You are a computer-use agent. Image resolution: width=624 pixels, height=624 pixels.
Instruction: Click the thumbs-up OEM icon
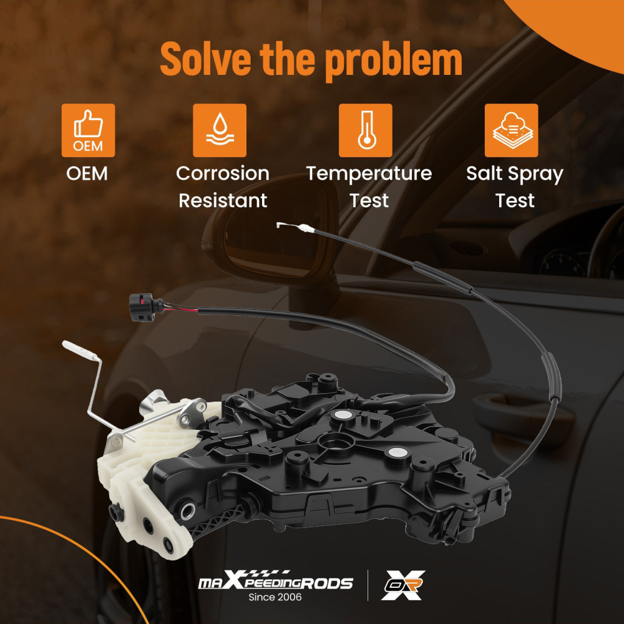(x=88, y=130)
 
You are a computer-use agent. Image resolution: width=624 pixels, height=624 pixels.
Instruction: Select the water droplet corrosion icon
(x=220, y=130)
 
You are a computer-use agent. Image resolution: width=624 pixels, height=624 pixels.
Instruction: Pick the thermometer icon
(x=365, y=130)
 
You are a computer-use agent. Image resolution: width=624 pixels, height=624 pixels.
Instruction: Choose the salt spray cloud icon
(x=512, y=130)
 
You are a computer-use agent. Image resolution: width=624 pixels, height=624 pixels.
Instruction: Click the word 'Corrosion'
(x=223, y=173)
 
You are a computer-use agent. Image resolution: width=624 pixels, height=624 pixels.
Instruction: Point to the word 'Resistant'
(x=223, y=200)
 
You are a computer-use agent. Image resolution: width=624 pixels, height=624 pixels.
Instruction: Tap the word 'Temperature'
(x=369, y=174)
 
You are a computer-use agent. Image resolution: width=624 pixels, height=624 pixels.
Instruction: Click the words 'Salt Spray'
(x=515, y=174)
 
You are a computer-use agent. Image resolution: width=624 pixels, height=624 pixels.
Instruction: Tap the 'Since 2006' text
(x=275, y=597)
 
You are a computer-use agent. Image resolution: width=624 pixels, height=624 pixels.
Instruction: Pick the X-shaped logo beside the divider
(x=402, y=585)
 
